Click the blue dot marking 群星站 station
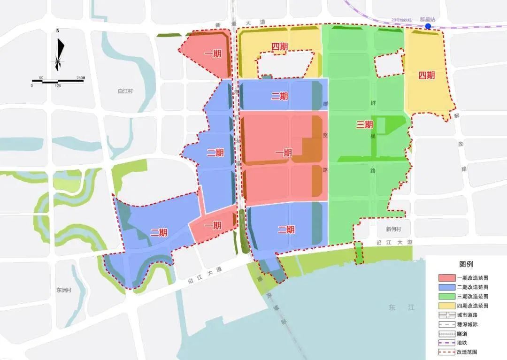pos(428,26)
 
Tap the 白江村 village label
pos(125,91)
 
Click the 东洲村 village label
pos(63,290)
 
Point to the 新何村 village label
pos(393,229)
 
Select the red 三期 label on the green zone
pos(364,124)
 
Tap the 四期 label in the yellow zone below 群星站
pos(426,75)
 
